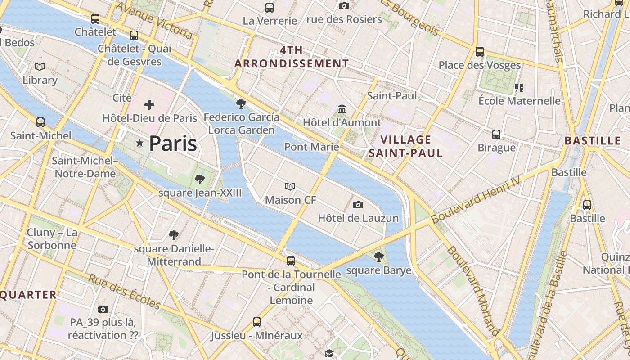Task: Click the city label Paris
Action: click(173, 144)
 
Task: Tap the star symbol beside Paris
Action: click(140, 144)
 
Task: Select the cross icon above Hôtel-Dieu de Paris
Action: click(149, 105)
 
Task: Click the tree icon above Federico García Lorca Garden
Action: click(241, 104)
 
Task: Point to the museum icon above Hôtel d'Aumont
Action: click(342, 109)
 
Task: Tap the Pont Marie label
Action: click(311, 147)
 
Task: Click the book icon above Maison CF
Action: click(290, 186)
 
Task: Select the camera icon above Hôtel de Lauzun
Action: click(358, 205)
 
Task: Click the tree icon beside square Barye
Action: click(378, 257)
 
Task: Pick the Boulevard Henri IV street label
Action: click(476, 199)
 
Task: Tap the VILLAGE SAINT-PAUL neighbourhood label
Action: click(406, 146)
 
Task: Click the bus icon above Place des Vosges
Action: click(480, 52)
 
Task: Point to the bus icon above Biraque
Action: click(496, 135)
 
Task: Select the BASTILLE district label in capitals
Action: click(593, 141)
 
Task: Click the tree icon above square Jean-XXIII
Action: click(200, 180)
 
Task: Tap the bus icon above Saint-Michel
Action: click(40, 122)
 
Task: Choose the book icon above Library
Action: click(40, 67)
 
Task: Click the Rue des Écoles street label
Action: click(124, 292)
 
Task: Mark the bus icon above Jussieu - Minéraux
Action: click(256, 322)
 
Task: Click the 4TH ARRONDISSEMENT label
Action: click(292, 57)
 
